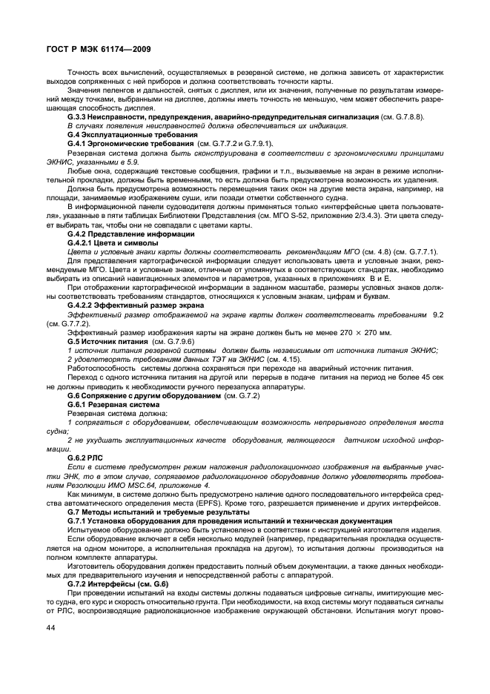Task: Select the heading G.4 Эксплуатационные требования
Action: coord(128,135)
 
